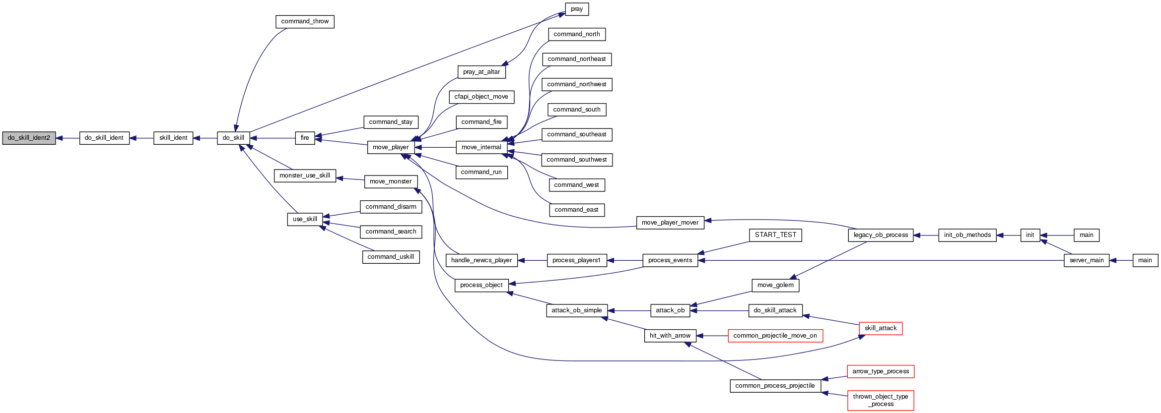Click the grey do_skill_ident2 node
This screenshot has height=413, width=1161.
[x=29, y=138]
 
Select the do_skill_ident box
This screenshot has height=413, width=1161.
[x=104, y=138]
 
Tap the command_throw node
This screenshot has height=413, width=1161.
[x=305, y=22]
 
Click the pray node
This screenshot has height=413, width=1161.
[x=577, y=9]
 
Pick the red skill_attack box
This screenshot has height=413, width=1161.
[x=881, y=328]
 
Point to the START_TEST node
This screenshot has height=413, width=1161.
[x=775, y=236]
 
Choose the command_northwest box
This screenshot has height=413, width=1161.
[x=577, y=85]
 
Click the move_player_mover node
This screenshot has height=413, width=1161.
[x=670, y=223]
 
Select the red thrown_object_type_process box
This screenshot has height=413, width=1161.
[x=881, y=400]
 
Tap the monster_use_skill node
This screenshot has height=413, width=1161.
[x=305, y=176]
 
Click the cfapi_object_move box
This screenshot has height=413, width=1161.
[x=481, y=97]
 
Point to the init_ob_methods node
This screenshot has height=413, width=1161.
[x=967, y=236]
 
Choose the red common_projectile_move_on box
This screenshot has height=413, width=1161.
[x=775, y=336]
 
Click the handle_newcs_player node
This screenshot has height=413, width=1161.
[x=481, y=260]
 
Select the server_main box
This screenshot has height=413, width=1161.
[x=1087, y=260]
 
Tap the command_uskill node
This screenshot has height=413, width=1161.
[x=391, y=257]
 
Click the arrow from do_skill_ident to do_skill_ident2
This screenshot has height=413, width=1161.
[x=68, y=138]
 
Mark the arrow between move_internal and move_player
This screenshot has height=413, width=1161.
[x=435, y=147]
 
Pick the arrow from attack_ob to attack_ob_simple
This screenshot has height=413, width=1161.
[x=629, y=311]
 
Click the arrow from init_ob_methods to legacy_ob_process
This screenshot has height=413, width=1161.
[x=926, y=236]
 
